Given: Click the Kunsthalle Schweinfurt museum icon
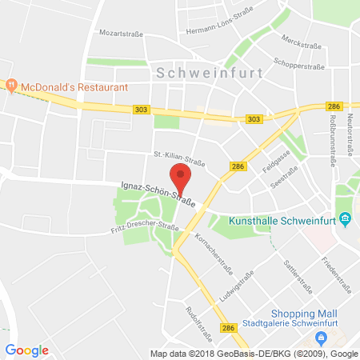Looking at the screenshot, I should [x=345, y=218].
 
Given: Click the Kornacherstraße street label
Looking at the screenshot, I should [x=210, y=254].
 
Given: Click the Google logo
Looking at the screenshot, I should [x=26, y=350].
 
